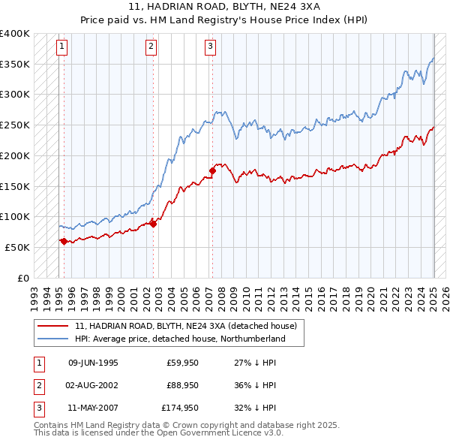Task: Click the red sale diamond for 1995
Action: tap(64, 241)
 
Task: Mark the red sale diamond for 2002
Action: tap(153, 223)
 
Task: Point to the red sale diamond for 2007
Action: tap(212, 171)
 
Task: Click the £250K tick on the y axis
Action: tap(15, 125)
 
